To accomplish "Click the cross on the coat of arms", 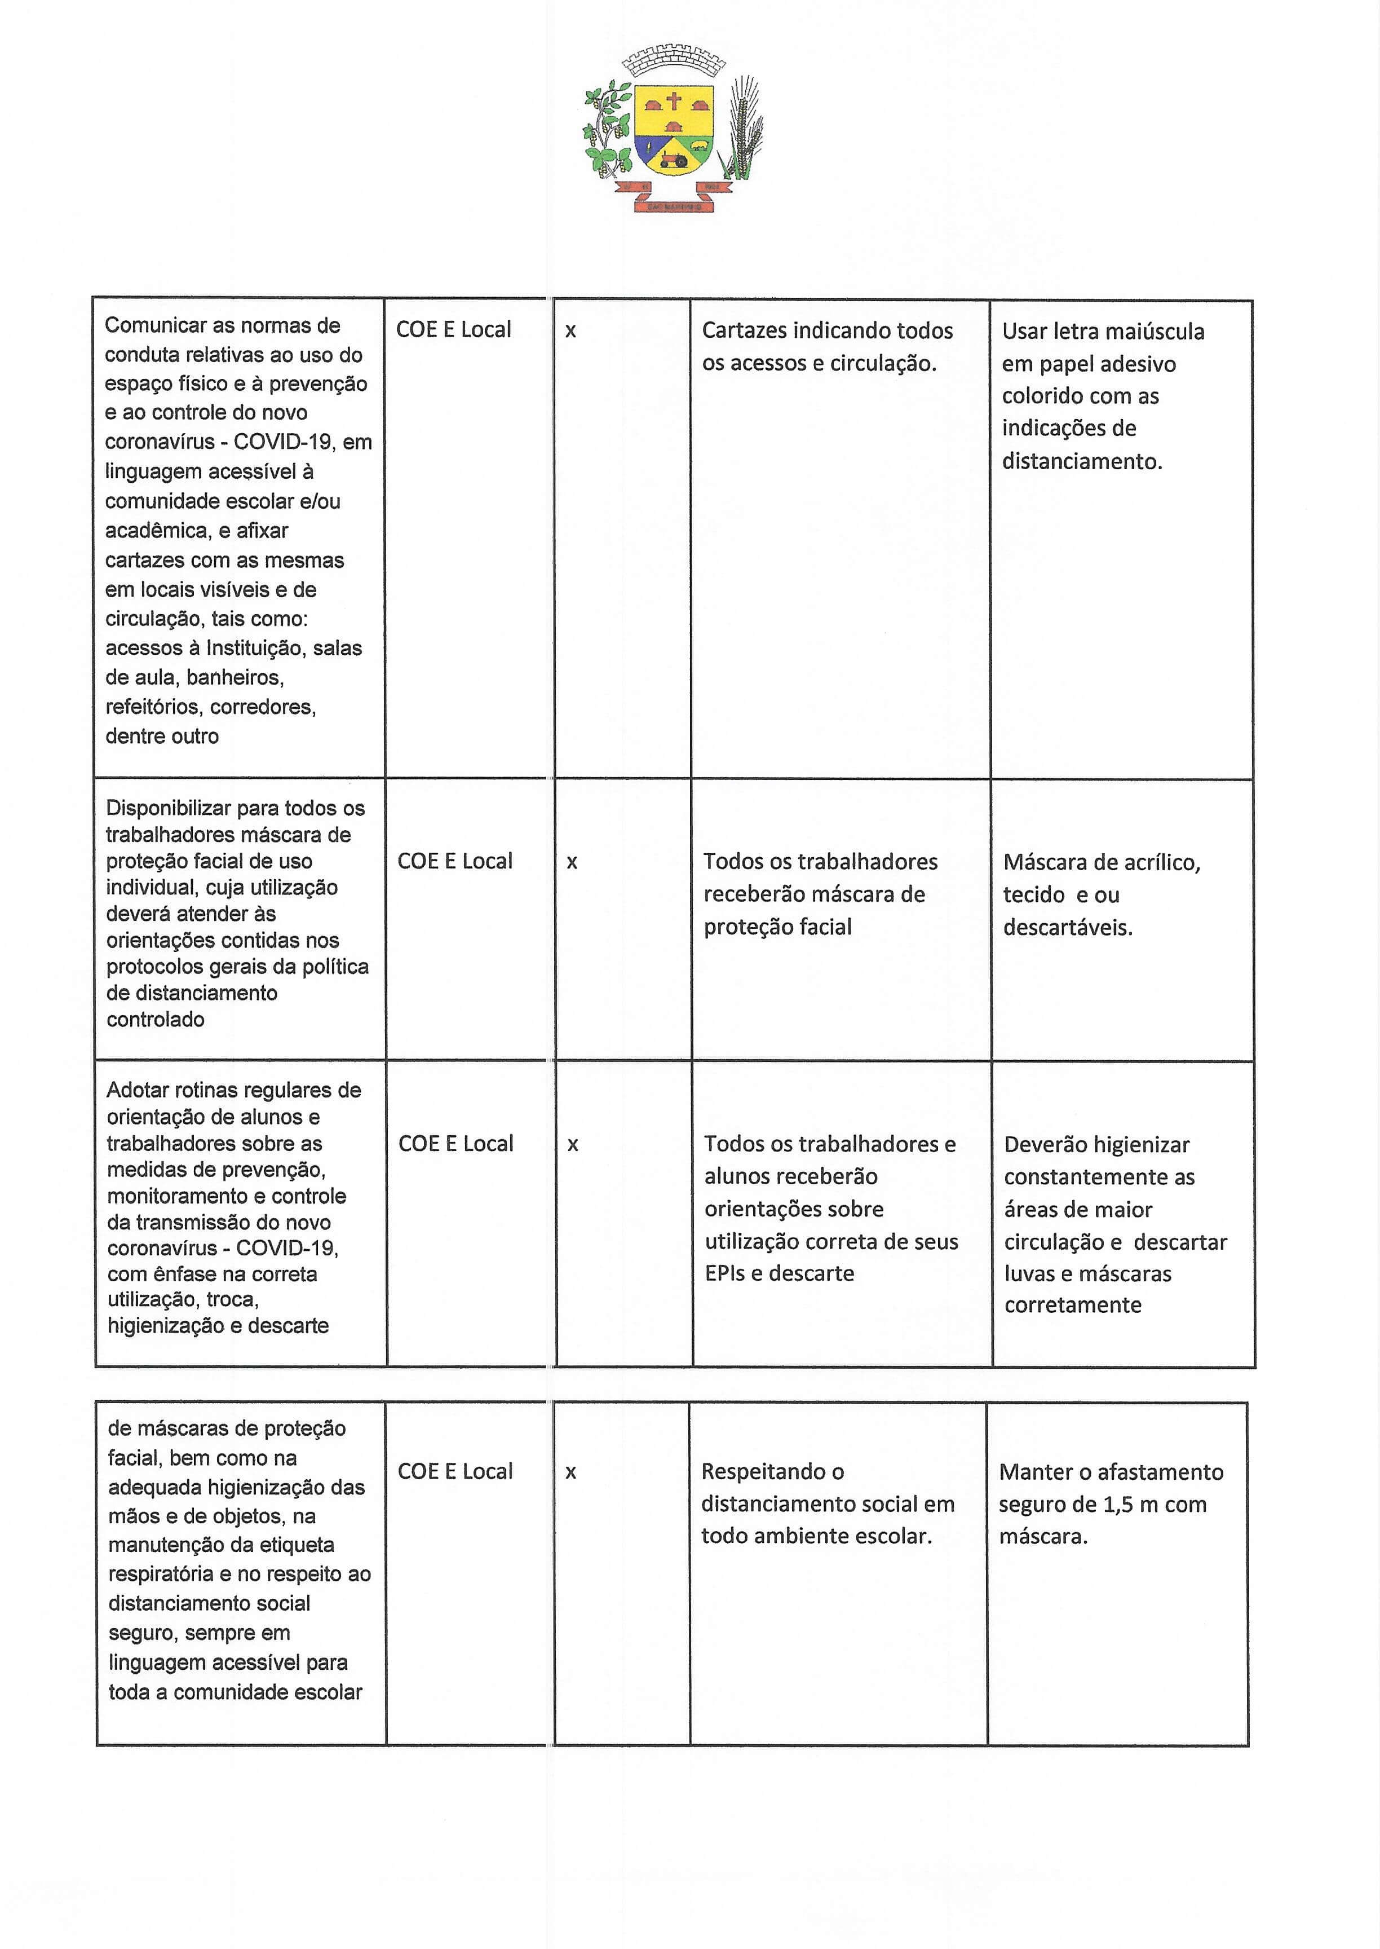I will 673,103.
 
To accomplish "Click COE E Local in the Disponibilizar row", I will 454,861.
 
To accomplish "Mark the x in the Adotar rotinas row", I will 573,1145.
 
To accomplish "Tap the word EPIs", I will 724,1273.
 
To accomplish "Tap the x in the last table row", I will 571,1472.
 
